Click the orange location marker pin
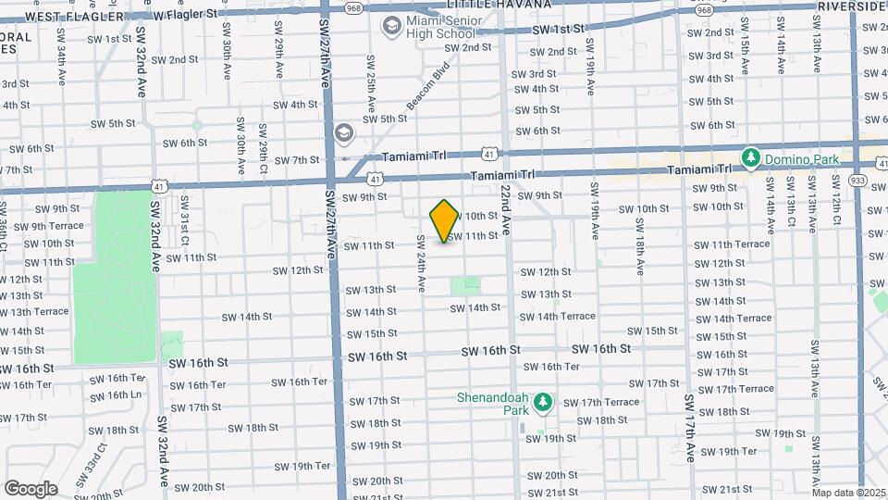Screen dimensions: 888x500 coord(445,220)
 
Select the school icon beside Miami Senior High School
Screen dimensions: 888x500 coord(393,26)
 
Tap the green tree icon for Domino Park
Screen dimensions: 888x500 coord(751,158)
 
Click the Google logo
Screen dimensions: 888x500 coord(31,488)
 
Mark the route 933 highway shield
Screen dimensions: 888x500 coord(857,181)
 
